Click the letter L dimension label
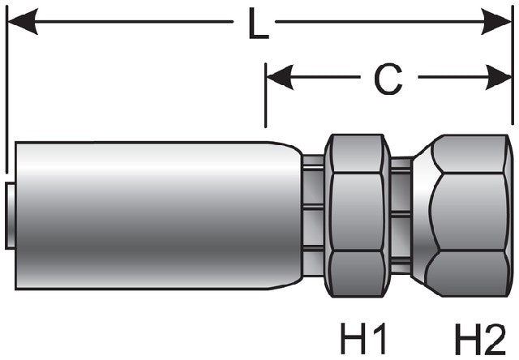(x=258, y=25)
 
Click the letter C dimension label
(x=388, y=78)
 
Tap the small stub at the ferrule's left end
(x=9, y=215)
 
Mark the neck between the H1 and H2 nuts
(x=401, y=215)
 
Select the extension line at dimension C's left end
(x=266, y=97)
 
